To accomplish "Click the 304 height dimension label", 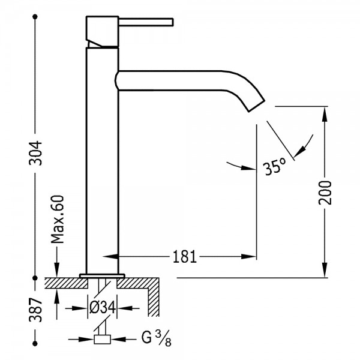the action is point(35,153).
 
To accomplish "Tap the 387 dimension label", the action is point(35,310).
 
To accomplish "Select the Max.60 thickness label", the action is point(57,219).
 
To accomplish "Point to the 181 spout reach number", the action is point(185,256).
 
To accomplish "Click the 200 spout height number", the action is point(325,193).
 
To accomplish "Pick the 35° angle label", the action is point(275,166).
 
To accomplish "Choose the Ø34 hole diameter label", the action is point(102,308).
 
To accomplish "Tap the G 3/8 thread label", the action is point(156,338).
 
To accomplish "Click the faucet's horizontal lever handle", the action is point(146,22).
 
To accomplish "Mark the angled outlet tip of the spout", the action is point(257,106).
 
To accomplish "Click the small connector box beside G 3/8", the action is point(102,340).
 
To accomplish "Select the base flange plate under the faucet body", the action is point(102,275).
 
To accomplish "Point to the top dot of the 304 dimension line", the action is point(35,17).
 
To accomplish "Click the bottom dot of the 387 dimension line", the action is point(35,344).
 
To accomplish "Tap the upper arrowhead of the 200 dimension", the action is point(325,113).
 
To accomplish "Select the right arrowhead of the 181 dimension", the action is point(249,256).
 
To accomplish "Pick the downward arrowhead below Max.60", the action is point(57,270).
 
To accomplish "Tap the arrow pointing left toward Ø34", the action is point(124,308).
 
